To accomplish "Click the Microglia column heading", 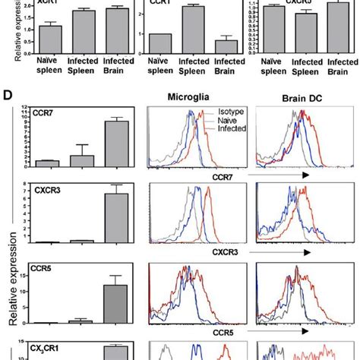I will [191, 98].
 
